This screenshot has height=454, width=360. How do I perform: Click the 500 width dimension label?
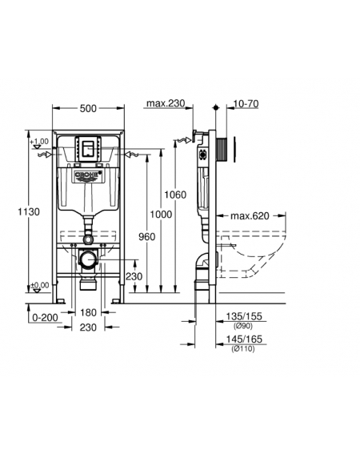pos(88,109)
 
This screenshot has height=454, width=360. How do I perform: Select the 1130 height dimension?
pos(29,212)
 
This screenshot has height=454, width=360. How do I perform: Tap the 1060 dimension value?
pos(175,195)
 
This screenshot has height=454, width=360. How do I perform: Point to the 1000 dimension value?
pos(161,215)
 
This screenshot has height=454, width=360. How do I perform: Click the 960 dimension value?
pos(146,237)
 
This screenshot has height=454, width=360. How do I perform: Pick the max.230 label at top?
pos(166,103)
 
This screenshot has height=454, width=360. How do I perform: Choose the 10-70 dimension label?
pos(246,103)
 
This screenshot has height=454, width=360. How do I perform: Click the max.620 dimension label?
pos(250,216)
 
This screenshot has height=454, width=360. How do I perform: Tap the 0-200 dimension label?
pos(45,318)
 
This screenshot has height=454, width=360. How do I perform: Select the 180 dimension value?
pos(88,313)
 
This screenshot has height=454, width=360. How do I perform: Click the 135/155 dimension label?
pos(244,316)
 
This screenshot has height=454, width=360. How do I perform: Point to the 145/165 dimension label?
pos(244,339)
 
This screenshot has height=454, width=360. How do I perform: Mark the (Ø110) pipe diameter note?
pos(243,349)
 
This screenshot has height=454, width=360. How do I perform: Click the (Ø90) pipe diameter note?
pos(243,326)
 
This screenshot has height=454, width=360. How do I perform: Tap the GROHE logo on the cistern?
pos(88,175)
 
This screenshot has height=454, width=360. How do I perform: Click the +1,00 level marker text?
pos(39,142)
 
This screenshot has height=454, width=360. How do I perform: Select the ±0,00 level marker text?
pos(40,286)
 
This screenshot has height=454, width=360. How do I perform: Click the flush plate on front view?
pos(88,149)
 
